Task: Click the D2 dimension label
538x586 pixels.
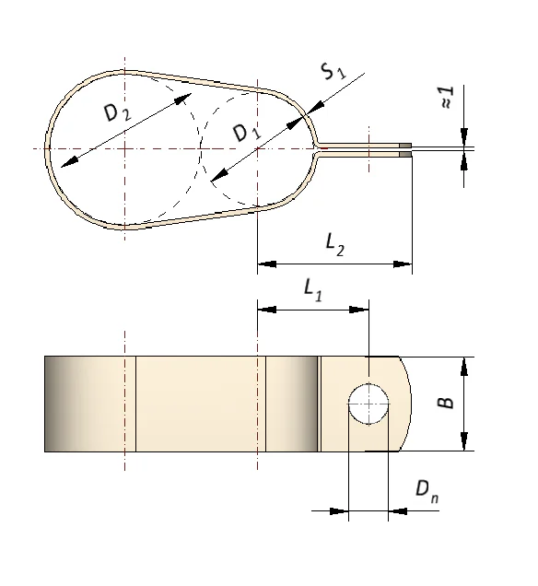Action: click(x=118, y=112)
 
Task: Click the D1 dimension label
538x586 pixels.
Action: click(x=247, y=133)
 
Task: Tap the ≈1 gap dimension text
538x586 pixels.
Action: click(x=447, y=97)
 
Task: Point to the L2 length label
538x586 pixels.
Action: click(x=334, y=245)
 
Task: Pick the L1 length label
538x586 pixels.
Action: click(x=313, y=290)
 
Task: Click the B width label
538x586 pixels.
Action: click(x=445, y=402)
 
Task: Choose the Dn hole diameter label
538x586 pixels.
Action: click(x=427, y=491)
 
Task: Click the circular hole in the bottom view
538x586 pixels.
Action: click(x=368, y=404)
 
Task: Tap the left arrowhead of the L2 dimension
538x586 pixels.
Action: click(x=267, y=264)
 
